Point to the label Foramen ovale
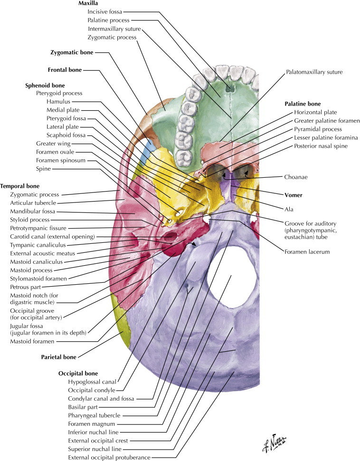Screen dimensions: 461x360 coord(57,152)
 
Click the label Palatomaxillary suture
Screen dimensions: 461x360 coord(314,72)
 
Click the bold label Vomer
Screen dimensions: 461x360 coord(294,195)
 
